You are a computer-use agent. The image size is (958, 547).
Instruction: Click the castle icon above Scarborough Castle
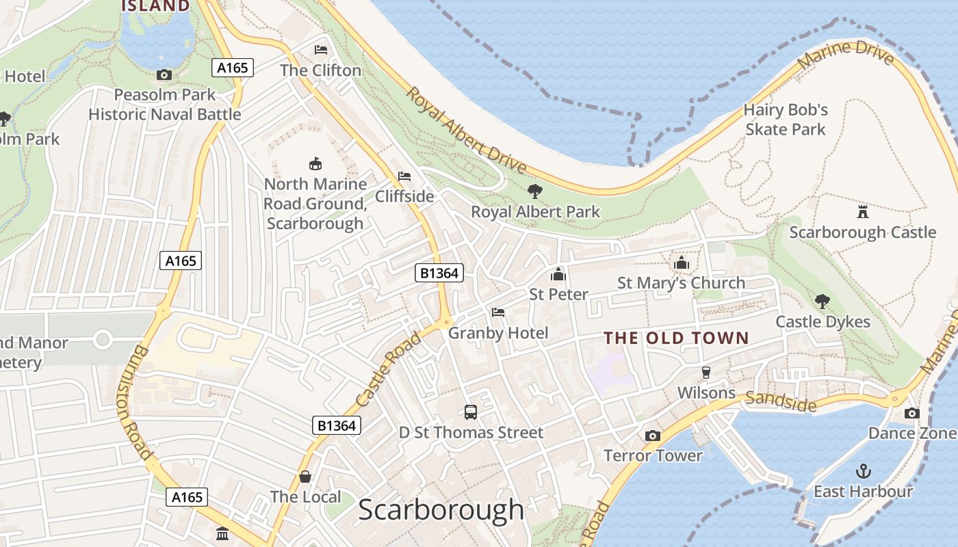[x=863, y=211]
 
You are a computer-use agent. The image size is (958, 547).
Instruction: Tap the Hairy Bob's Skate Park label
[x=786, y=120]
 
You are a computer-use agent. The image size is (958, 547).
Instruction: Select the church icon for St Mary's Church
[x=681, y=263]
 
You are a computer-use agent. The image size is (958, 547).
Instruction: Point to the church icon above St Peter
[x=558, y=275]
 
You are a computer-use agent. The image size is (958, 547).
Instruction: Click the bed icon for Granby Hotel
[x=498, y=312]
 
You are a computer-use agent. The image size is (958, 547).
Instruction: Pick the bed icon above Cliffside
[x=404, y=176]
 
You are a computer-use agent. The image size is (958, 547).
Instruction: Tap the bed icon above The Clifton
[x=320, y=50]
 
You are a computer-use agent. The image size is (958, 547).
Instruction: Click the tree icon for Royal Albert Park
[x=535, y=191]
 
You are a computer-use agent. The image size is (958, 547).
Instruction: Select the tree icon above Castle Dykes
[x=822, y=301]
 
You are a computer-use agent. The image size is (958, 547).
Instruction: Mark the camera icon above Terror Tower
[x=653, y=436]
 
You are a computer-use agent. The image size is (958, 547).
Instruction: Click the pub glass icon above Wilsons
[x=705, y=373]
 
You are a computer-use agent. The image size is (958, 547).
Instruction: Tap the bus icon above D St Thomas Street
[x=471, y=412]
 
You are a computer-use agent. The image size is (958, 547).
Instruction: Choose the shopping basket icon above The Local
[x=305, y=477]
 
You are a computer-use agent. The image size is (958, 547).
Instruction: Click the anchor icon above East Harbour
[x=864, y=471]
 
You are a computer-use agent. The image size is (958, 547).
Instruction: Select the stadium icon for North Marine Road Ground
[x=315, y=163]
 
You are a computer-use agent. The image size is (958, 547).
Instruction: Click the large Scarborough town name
[x=441, y=510]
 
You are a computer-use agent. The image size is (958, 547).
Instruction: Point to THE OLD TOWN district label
[x=676, y=338]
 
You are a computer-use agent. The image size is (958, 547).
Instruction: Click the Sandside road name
[x=781, y=402]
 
